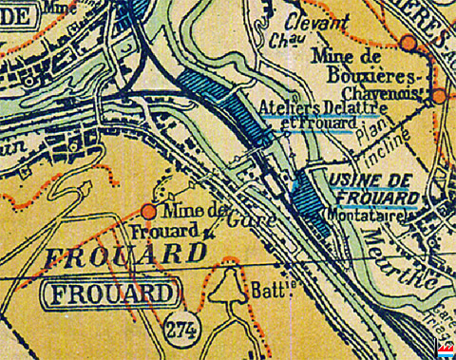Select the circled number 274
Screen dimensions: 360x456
177,329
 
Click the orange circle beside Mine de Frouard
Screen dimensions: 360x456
149,211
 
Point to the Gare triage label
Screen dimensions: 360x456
438,318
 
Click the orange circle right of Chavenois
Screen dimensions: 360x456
439,96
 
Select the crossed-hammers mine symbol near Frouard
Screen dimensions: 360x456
210,233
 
